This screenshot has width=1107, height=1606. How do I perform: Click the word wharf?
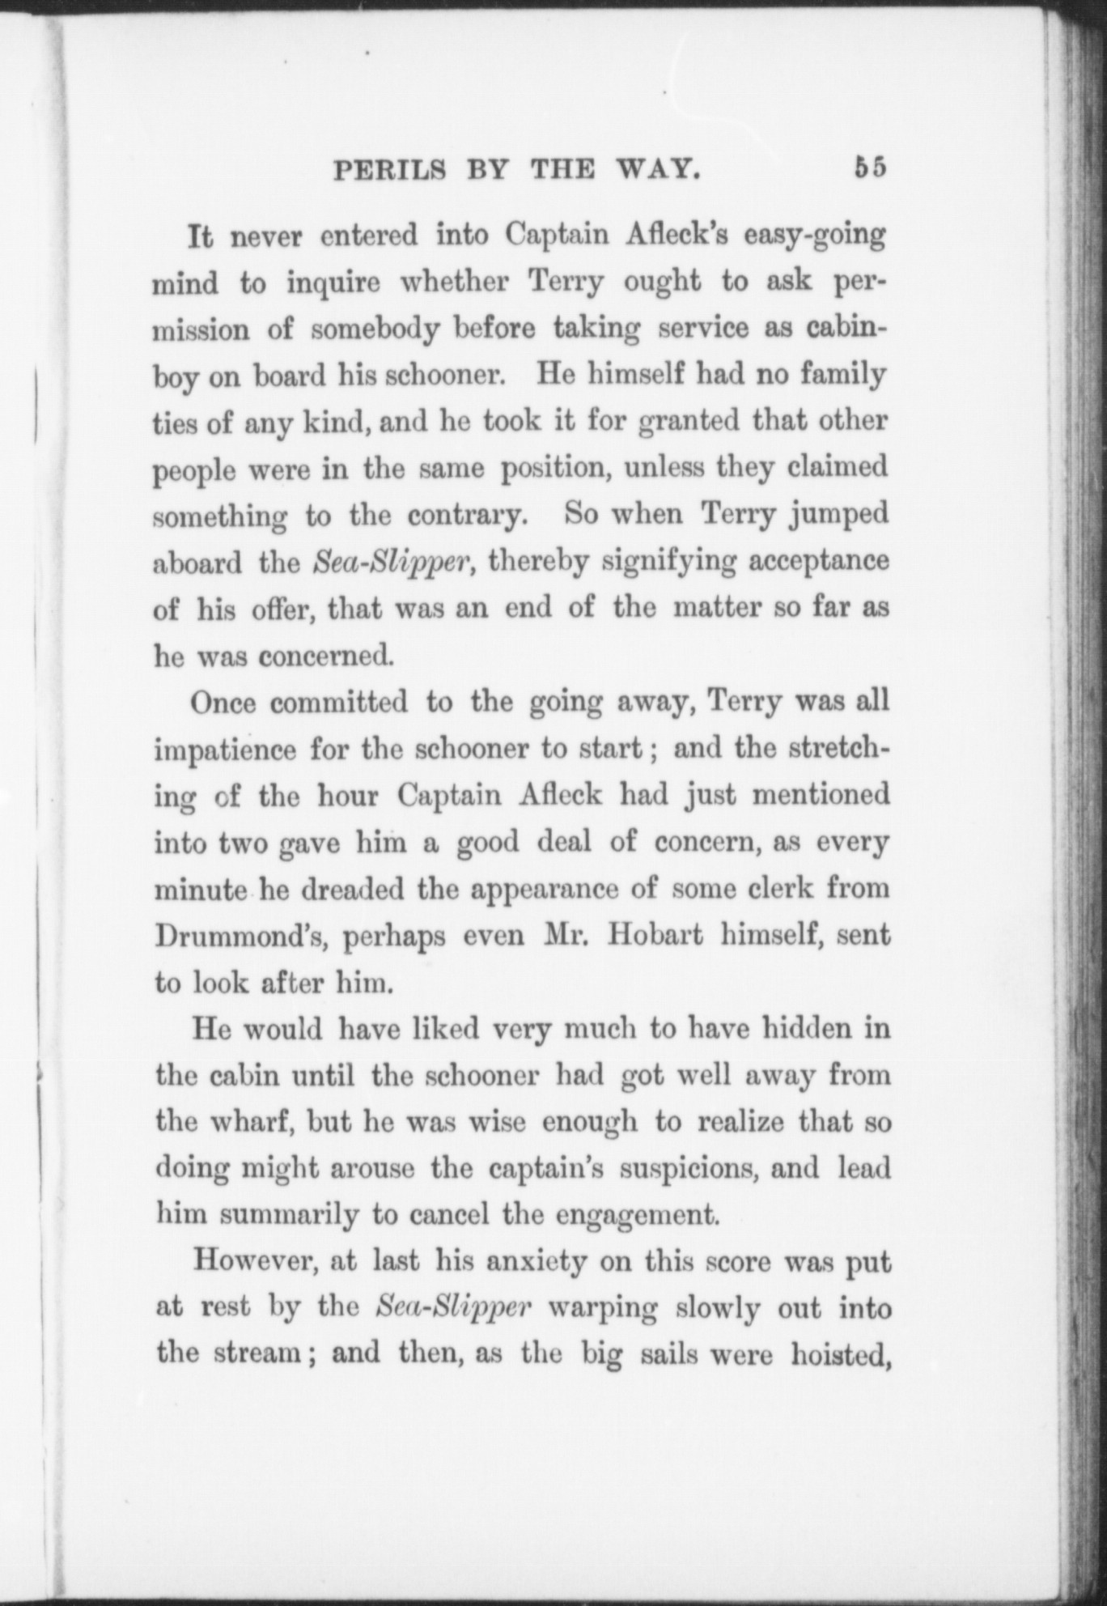[256, 1123]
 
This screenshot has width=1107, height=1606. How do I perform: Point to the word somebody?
[375, 331]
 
